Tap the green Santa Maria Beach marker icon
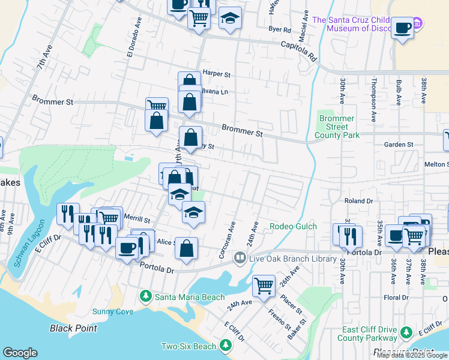click(x=145, y=296)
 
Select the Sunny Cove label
click(x=112, y=311)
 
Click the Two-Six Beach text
click(x=188, y=346)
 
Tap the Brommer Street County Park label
click(x=337, y=127)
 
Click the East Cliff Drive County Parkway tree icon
click(x=406, y=332)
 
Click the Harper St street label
click(x=217, y=74)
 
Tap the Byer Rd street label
click(x=280, y=29)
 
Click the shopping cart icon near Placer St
click(x=264, y=285)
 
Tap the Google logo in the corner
click(x=20, y=353)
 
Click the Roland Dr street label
click(x=358, y=201)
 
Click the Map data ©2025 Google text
click(x=412, y=355)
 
